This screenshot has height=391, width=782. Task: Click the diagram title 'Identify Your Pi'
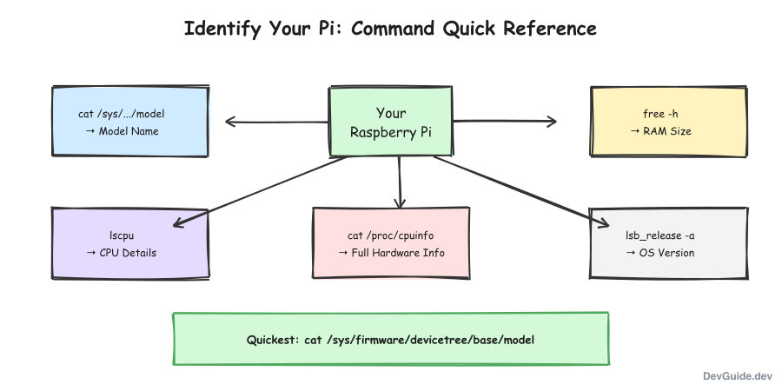click(390, 29)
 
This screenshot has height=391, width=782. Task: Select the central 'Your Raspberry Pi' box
click(390, 123)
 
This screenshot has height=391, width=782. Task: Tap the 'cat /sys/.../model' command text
click(121, 114)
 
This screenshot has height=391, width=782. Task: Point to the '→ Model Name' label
click(122, 131)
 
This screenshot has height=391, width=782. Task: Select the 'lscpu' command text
click(121, 235)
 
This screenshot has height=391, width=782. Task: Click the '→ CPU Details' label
click(122, 253)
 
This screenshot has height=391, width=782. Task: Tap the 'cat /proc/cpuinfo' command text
click(390, 235)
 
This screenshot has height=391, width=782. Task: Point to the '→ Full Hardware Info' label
click(391, 253)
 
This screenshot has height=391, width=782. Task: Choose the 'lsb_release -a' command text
click(659, 235)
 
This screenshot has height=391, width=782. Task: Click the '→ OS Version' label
click(659, 253)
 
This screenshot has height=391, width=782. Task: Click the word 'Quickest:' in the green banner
click(273, 339)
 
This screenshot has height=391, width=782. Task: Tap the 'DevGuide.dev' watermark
click(737, 375)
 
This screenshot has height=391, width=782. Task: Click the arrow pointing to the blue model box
click(274, 122)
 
